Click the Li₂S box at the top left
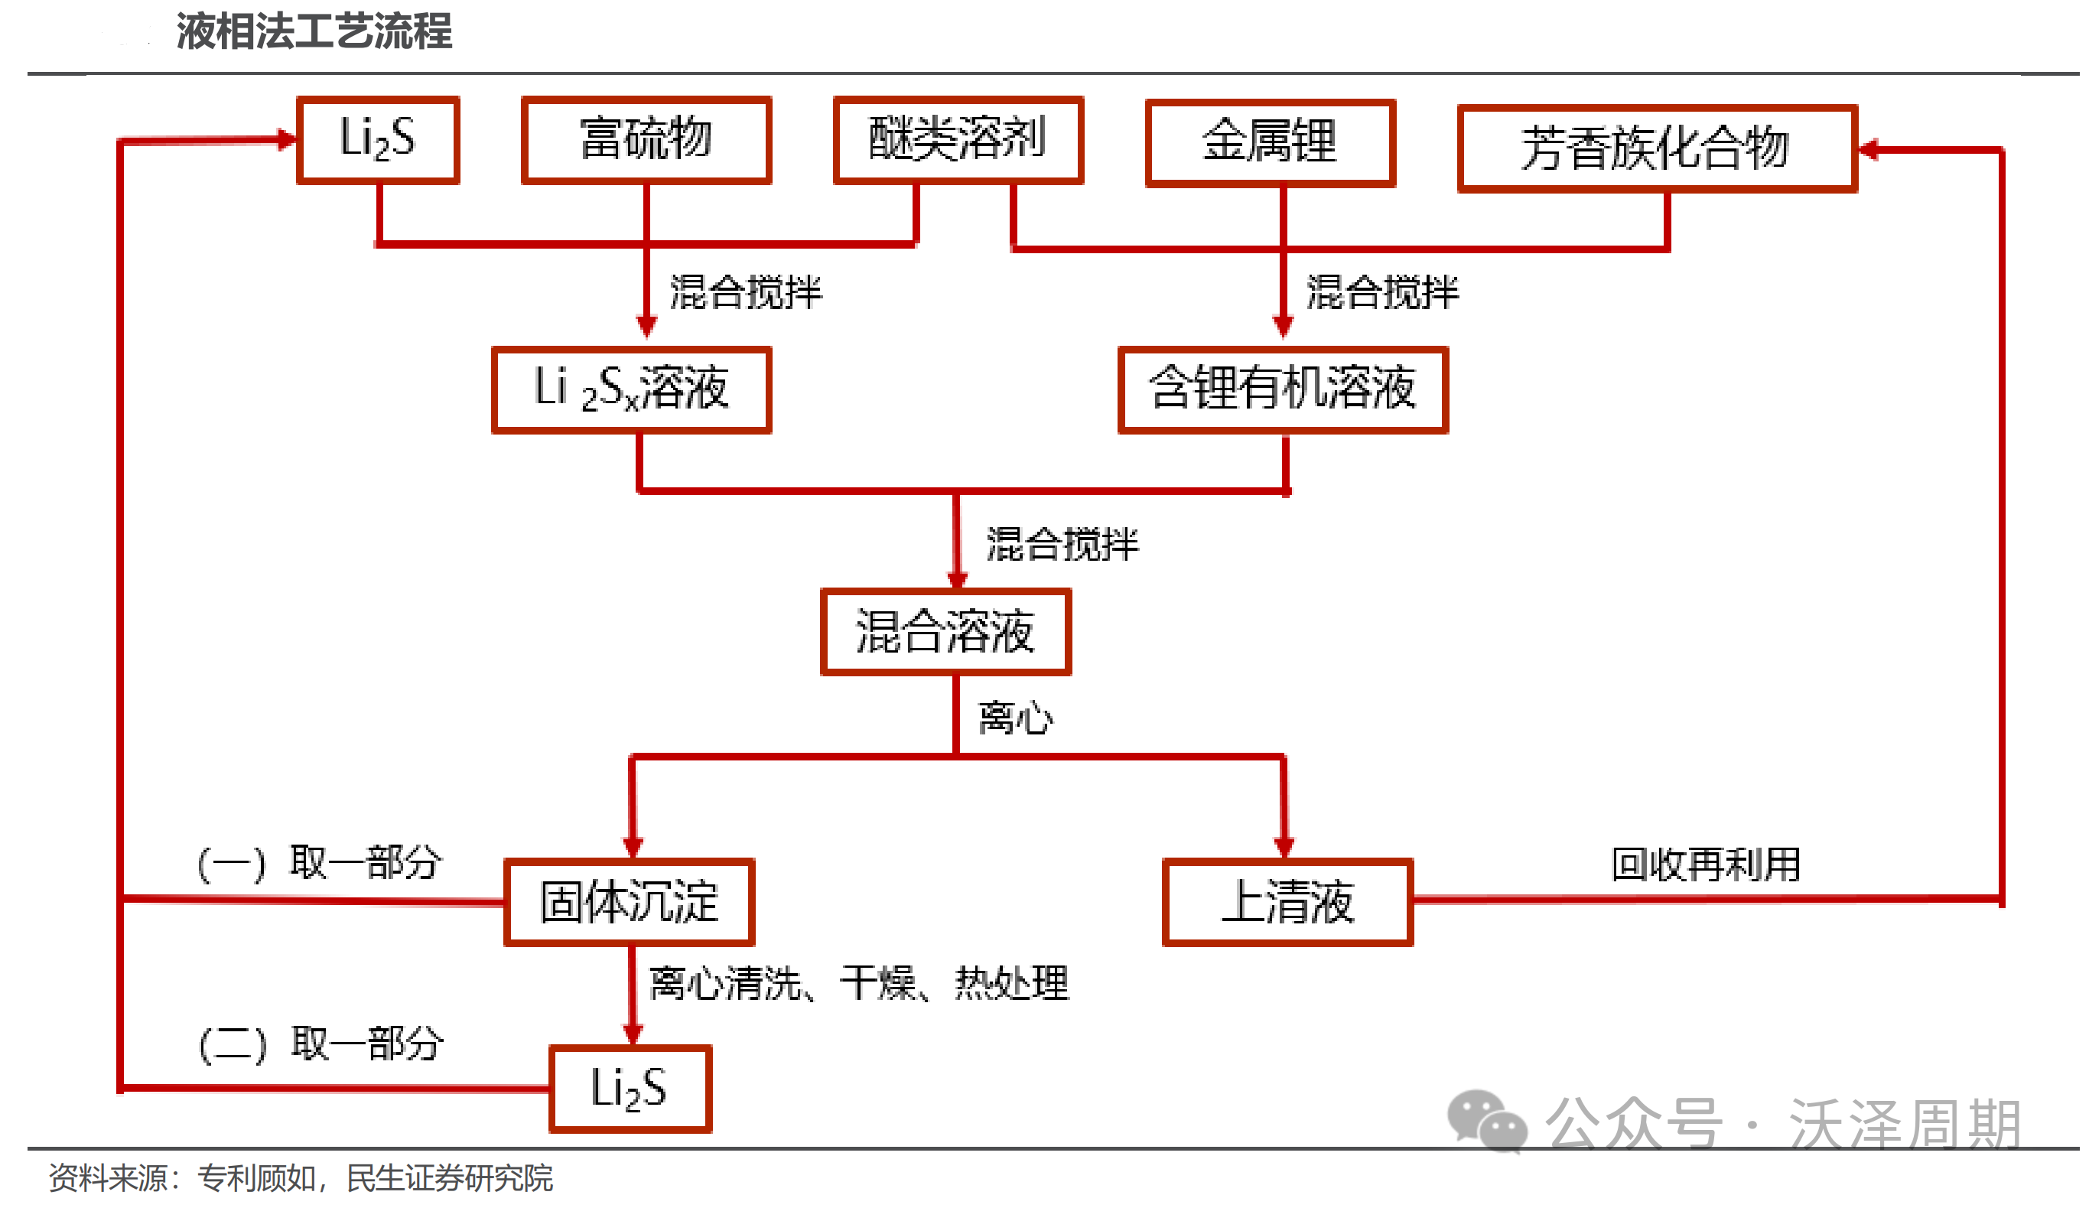(378, 139)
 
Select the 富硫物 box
(646, 139)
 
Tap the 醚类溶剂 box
(958, 139)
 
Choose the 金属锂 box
(1271, 142)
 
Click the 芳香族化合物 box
(1657, 148)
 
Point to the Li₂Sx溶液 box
(632, 389)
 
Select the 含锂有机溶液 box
(1283, 389)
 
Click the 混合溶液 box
(946, 632)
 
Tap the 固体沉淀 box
(630, 902)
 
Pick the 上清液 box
(1287, 902)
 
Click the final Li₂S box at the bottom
(630, 1089)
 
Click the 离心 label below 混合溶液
(1016, 718)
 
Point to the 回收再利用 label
(1705, 864)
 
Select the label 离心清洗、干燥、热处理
(859, 983)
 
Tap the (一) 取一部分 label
(320, 862)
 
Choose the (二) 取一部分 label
(321, 1043)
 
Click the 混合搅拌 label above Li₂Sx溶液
(746, 291)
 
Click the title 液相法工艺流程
(314, 31)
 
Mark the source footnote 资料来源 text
(301, 1178)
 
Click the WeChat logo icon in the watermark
(1486, 1120)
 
